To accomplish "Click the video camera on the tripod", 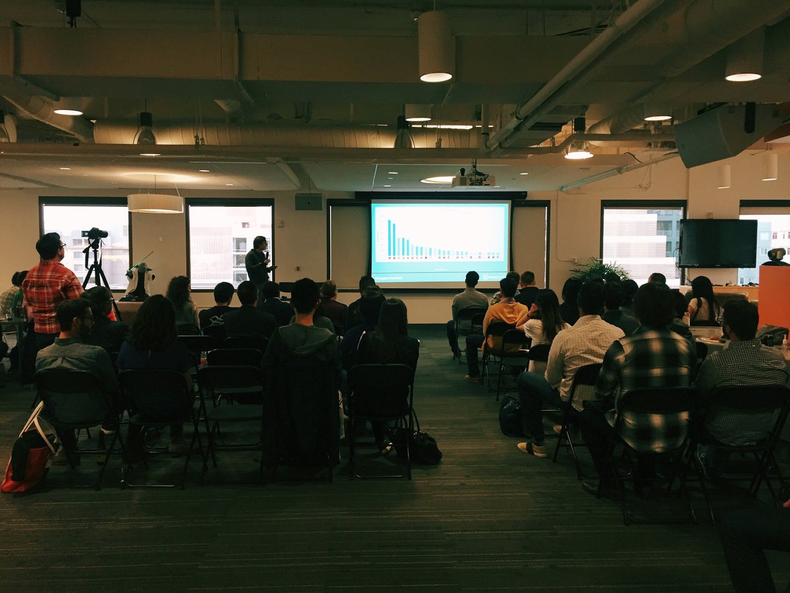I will [95, 233].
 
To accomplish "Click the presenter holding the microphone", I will [257, 262].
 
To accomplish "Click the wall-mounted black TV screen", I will [718, 243].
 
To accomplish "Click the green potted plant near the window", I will [599, 270].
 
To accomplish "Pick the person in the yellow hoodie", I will [505, 312].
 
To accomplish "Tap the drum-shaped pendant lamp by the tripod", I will [155, 203].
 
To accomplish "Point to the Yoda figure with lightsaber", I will [140, 279].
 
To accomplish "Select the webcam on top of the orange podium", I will [777, 256].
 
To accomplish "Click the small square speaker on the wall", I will [308, 202].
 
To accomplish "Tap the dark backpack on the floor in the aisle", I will [511, 416].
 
